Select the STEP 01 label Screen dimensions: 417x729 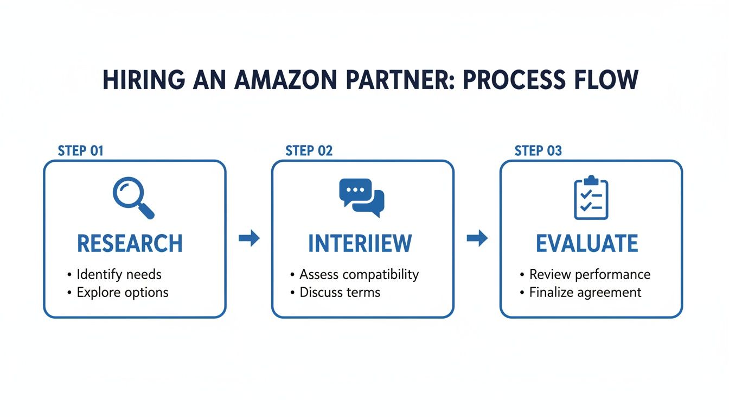(80, 150)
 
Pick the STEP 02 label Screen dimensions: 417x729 (309, 150)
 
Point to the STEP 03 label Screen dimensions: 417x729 (538, 150)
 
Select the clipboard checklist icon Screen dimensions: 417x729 (591, 198)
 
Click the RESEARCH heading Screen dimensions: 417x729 (130, 244)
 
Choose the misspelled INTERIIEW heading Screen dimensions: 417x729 (360, 244)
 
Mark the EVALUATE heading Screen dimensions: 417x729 (587, 244)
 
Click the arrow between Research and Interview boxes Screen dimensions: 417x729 (249, 238)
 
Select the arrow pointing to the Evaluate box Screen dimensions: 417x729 (477, 238)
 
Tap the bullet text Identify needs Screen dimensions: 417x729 (119, 274)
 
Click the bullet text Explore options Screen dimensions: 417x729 (122, 292)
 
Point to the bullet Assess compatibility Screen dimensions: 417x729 (359, 274)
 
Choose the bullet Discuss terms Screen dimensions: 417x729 (340, 292)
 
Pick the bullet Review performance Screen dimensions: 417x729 (589, 274)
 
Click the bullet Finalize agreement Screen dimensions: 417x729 (585, 292)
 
